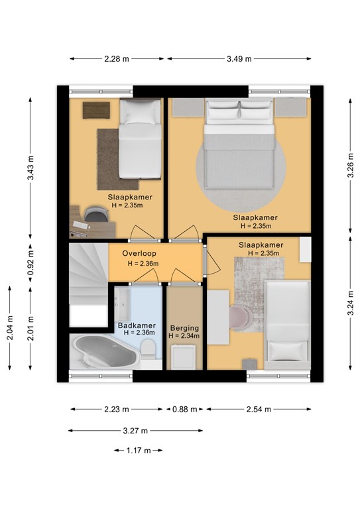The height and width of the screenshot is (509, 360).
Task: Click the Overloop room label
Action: (x=139, y=253)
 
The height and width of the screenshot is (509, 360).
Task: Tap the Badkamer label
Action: (x=137, y=325)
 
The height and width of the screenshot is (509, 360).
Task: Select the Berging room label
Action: (x=184, y=328)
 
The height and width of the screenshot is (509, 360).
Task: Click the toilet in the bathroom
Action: (x=149, y=349)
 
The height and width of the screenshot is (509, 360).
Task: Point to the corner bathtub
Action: (x=105, y=351)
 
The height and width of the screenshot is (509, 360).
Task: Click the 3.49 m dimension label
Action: (x=239, y=59)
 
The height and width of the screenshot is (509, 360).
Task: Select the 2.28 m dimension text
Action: (x=117, y=59)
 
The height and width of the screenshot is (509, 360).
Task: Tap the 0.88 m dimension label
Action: (x=184, y=410)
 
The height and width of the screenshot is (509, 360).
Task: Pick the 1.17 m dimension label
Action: (x=139, y=450)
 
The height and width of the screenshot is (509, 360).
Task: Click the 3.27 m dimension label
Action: (x=135, y=431)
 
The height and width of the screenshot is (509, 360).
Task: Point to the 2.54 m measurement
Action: (x=259, y=410)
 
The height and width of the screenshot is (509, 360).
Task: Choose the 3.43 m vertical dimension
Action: (x=30, y=168)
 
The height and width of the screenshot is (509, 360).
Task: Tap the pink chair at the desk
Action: (x=240, y=317)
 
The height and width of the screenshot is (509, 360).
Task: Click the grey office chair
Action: (x=95, y=215)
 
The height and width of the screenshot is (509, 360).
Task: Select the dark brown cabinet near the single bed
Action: (x=96, y=111)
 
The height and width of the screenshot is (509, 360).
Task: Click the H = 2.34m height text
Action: (x=184, y=336)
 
